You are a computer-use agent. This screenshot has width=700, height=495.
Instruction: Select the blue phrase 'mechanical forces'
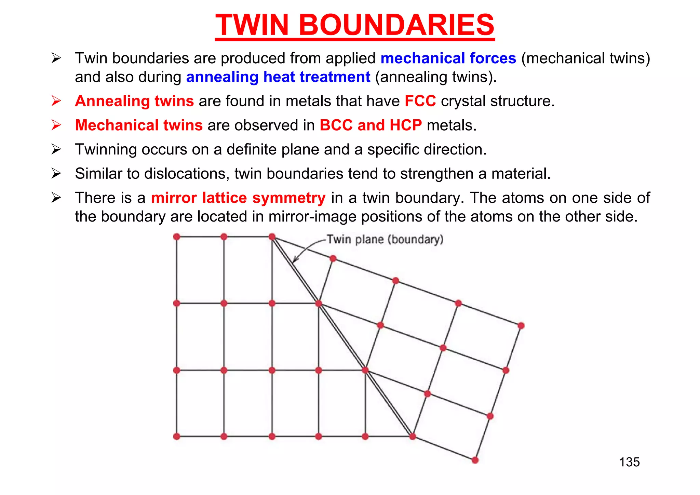[448, 58]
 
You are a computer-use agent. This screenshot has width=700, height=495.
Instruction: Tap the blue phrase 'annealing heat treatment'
[278, 77]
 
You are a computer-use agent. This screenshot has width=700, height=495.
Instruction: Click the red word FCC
[420, 101]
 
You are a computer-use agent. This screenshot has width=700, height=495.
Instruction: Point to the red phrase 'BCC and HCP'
[371, 125]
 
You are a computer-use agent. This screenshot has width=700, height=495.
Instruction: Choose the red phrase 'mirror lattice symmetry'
[238, 198]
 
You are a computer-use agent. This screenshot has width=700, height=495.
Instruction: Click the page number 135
[629, 462]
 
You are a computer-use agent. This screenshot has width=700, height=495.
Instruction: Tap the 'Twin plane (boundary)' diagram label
[385, 239]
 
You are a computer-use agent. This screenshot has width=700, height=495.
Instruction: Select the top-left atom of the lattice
[177, 237]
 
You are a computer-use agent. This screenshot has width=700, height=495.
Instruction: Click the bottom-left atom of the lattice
[177, 436]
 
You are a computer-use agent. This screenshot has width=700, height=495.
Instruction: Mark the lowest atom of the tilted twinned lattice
[475, 460]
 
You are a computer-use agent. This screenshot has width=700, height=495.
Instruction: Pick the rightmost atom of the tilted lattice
[521, 325]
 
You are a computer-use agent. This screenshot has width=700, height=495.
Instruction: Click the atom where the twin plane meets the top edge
[272, 237]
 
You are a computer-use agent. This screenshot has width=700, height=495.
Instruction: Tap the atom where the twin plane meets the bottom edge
[413, 436]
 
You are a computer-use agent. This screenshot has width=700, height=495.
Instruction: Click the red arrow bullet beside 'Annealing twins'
[56, 101]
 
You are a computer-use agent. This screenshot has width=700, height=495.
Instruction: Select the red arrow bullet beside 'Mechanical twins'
[56, 125]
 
